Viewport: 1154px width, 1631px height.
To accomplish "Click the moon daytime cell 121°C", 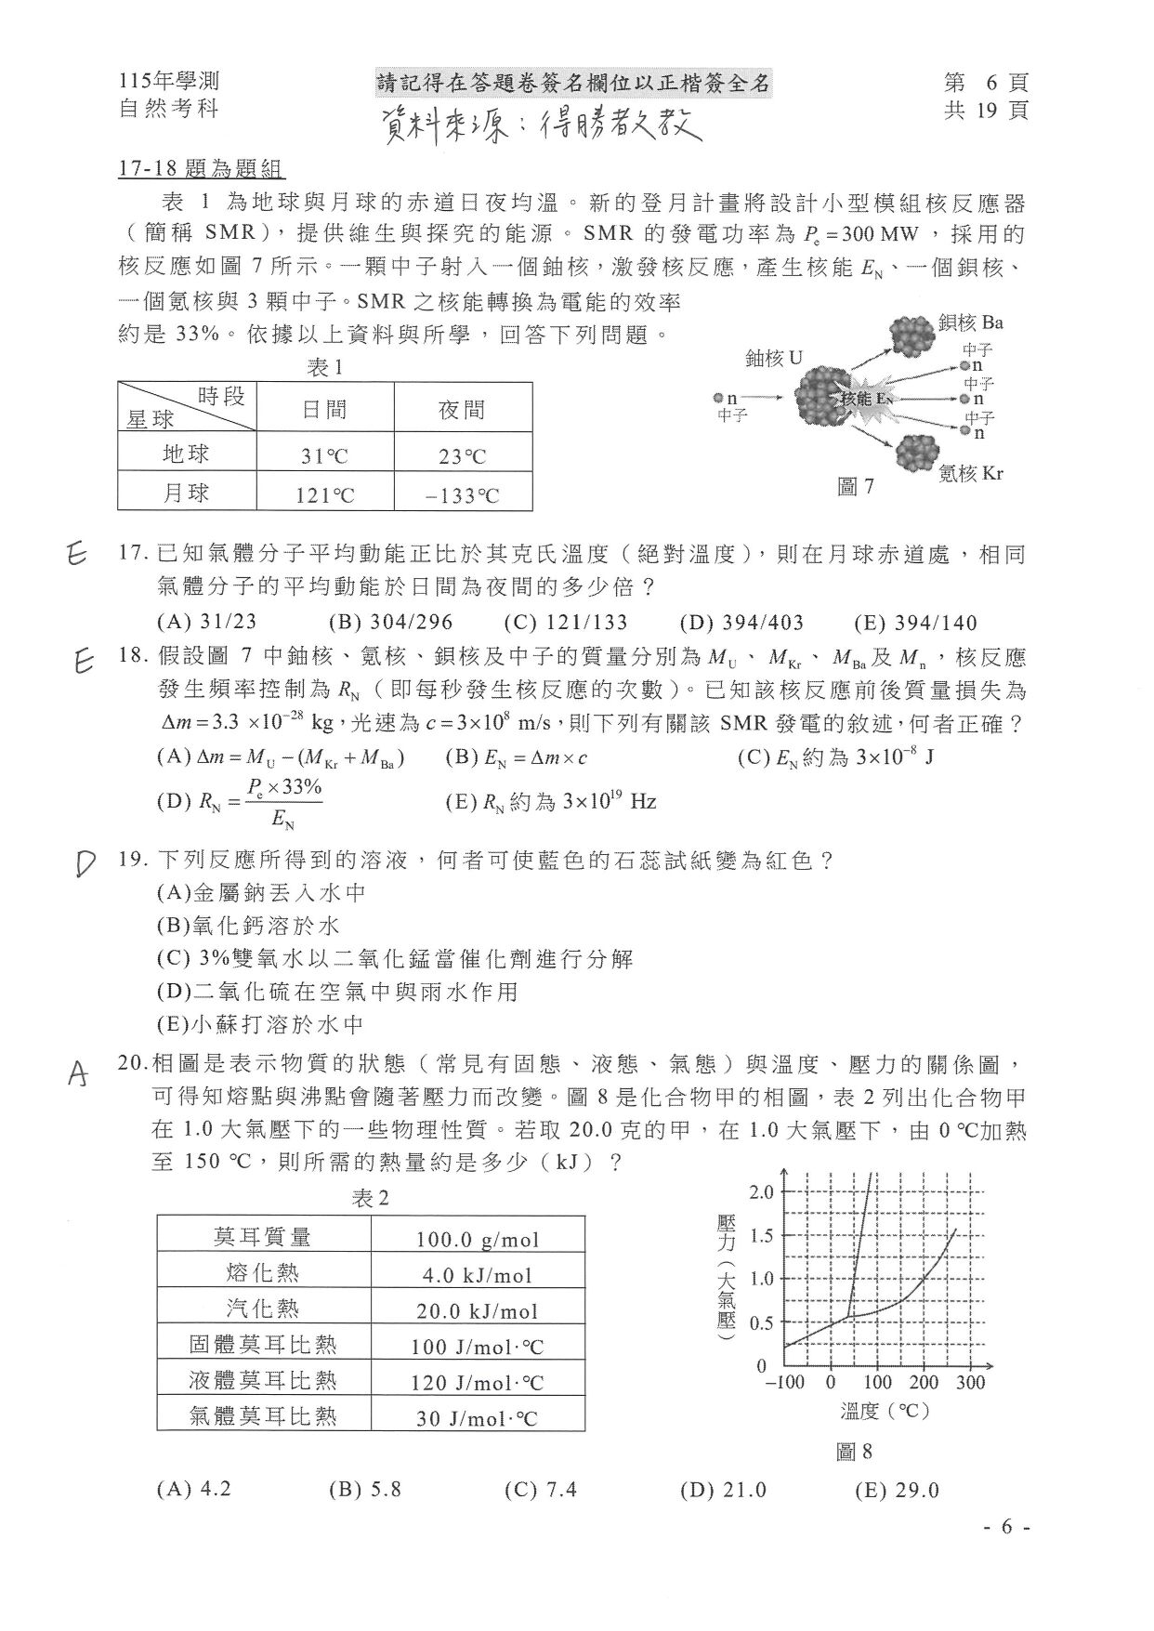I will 324,495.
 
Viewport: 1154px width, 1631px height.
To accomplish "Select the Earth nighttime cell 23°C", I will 462,456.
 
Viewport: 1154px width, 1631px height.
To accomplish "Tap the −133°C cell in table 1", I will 462,495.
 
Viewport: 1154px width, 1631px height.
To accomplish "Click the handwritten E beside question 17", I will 78,555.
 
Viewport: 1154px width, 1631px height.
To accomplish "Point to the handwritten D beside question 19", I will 85,864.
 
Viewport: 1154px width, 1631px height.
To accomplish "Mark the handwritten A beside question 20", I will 80,1074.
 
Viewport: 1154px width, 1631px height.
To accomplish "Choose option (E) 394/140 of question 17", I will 915,623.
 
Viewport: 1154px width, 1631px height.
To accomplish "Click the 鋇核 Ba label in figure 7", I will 970,323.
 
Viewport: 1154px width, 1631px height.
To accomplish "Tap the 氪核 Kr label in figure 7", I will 970,473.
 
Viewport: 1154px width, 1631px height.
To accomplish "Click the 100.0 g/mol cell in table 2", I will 478,1239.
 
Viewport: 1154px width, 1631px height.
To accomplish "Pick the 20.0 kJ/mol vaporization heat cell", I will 478,1311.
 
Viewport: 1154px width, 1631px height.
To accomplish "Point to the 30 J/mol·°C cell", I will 478,1418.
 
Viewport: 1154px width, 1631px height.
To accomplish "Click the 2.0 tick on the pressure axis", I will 761,1192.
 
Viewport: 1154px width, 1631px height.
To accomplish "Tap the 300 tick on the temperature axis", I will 969,1382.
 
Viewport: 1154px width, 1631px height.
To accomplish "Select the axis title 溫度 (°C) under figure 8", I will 885,1411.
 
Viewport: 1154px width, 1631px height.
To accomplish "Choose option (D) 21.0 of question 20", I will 723,1490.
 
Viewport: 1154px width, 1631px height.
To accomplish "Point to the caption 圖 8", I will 854,1451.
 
